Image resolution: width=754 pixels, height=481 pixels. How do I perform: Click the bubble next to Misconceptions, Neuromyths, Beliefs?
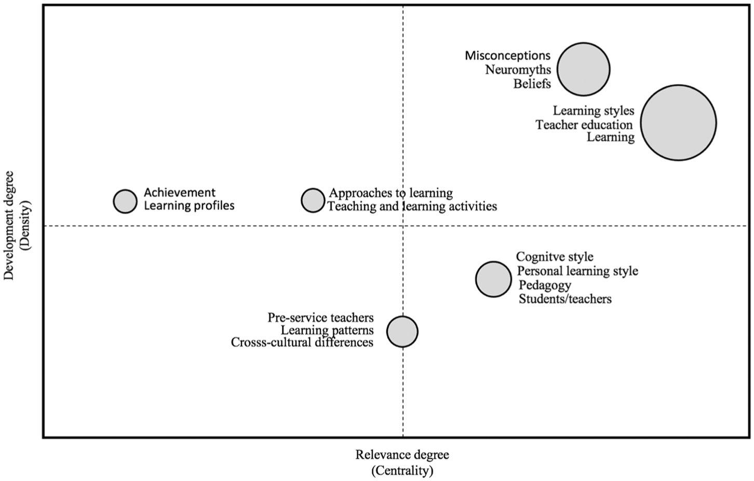(583, 69)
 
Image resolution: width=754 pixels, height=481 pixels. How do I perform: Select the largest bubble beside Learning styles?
(678, 122)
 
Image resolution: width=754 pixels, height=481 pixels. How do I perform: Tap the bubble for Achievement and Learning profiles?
(125, 201)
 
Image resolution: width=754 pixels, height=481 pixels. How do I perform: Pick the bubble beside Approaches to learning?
(313, 200)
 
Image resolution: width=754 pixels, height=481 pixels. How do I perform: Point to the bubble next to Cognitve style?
(493, 279)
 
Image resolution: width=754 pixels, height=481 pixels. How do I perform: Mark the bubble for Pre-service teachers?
(402, 332)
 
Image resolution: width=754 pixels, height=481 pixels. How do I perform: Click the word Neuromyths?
(518, 70)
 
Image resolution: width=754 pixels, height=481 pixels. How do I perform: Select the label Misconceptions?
(508, 56)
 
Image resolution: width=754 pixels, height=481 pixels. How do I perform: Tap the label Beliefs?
(532, 84)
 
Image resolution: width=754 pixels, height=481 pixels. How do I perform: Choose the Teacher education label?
(584, 125)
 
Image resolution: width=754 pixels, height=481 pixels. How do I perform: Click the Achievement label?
(180, 193)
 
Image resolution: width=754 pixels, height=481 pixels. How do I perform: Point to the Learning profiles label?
(189, 205)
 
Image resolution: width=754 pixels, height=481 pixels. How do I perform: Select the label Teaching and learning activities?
(412, 206)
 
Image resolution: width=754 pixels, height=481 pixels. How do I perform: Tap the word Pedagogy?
(545, 285)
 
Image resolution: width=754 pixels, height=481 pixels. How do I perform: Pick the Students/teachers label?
(565, 299)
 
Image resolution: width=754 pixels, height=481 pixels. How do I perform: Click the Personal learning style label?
(577, 271)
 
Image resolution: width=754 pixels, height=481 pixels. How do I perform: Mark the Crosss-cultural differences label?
(302, 342)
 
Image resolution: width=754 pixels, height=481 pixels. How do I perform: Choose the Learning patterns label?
(328, 331)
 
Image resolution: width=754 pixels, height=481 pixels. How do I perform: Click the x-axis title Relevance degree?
(402, 455)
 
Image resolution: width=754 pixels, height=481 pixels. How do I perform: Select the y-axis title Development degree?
(9, 225)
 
